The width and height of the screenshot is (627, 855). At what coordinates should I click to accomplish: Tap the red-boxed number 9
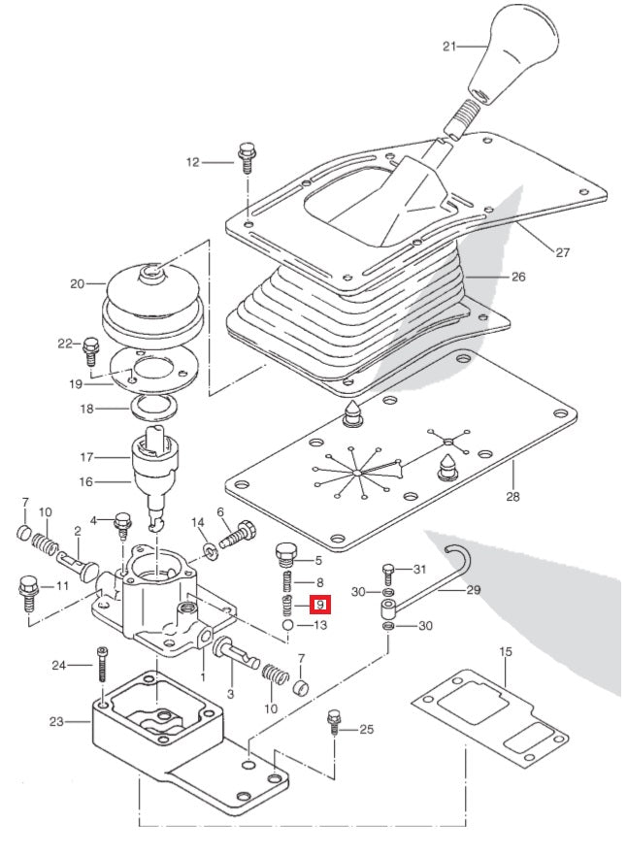320,605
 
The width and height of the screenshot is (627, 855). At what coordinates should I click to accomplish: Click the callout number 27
562,252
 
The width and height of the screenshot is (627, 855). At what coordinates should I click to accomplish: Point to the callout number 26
518,277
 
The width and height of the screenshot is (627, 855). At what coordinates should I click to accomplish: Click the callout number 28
512,497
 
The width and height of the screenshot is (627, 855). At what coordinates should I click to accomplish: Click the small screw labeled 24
102,669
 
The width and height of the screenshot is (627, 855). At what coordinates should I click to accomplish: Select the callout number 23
56,721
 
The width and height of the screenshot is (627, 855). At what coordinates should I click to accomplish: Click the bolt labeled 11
27,590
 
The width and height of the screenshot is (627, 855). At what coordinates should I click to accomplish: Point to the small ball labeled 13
289,627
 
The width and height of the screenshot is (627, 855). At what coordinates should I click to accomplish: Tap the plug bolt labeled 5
286,556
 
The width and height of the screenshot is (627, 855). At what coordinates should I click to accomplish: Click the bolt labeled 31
388,572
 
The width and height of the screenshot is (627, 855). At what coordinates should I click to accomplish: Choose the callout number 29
474,589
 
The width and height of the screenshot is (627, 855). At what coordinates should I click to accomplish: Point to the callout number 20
78,284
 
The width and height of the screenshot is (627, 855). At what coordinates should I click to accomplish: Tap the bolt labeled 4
123,524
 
